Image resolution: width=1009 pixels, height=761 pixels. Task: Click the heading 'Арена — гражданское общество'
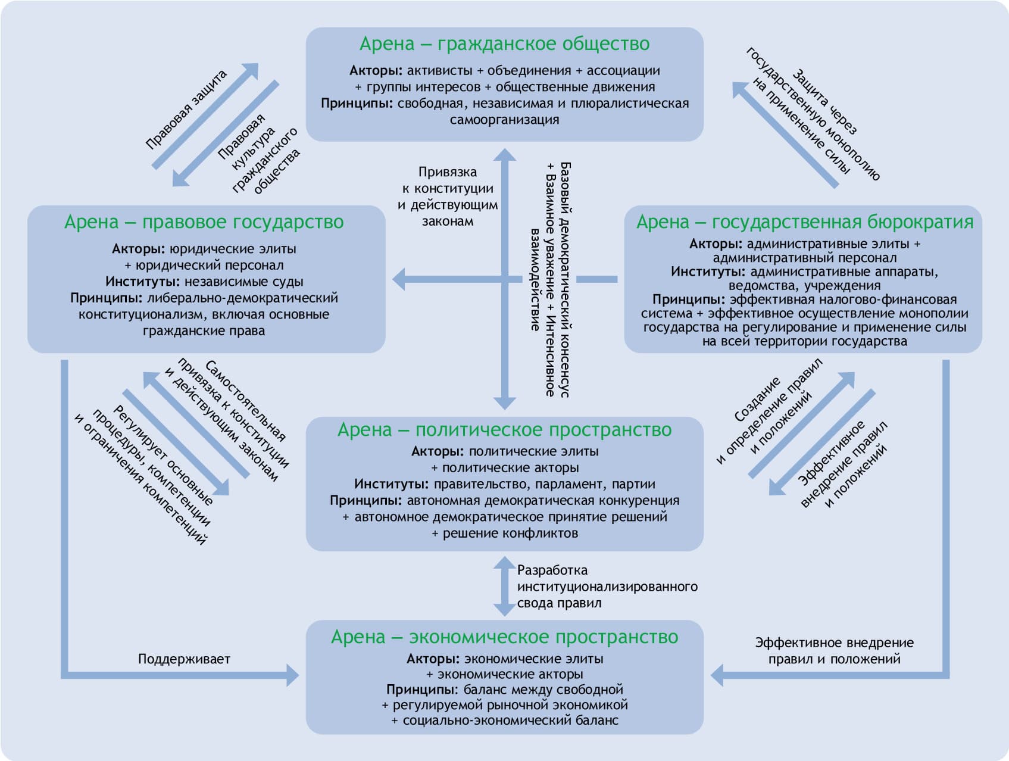click(504, 44)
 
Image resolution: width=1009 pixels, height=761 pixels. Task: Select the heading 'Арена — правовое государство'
click(204, 222)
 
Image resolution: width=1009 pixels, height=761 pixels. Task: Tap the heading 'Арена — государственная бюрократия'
click(805, 222)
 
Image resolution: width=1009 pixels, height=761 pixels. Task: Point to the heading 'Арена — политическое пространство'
click(504, 430)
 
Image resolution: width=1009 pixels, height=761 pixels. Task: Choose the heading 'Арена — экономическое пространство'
click(504, 637)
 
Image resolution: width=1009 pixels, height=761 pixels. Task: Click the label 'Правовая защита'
click(186, 109)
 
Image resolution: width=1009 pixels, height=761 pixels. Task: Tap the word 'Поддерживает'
click(184, 659)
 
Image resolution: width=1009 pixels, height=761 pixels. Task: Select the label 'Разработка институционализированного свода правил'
click(606, 587)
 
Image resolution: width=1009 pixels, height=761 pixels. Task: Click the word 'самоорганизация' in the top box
click(504, 120)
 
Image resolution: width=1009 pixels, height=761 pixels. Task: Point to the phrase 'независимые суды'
click(243, 282)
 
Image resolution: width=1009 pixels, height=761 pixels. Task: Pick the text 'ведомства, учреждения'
click(804, 286)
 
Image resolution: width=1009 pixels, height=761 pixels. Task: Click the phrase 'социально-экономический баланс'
click(511, 721)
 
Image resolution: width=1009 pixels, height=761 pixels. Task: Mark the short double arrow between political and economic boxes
click(504, 587)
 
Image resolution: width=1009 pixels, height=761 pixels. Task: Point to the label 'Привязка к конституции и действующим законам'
click(448, 197)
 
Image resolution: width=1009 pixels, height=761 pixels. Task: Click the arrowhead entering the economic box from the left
click(292, 675)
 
